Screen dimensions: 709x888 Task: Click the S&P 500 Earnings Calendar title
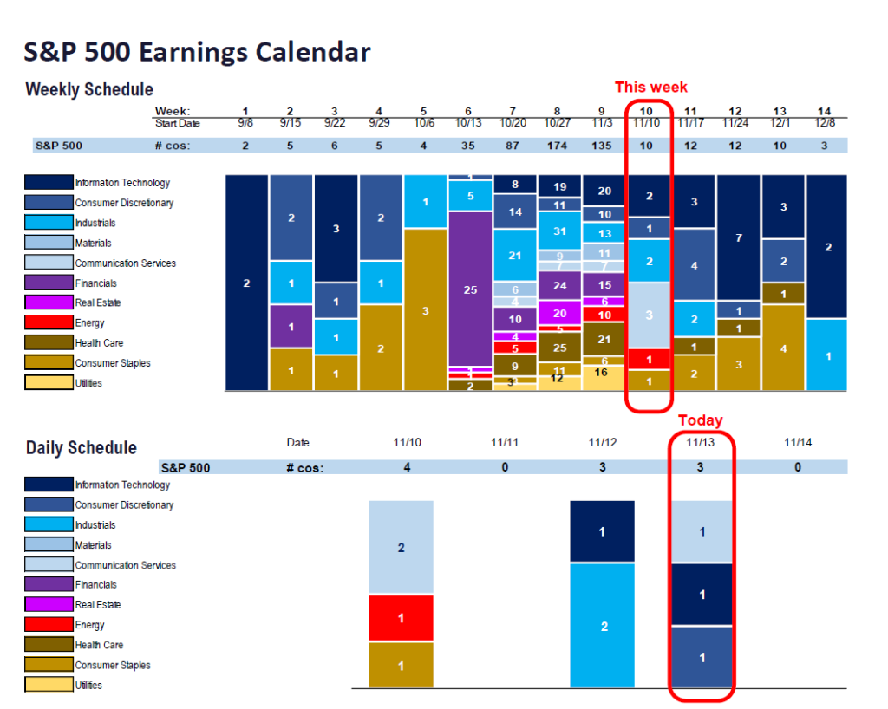click(x=197, y=52)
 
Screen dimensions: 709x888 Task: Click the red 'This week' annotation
click(x=650, y=87)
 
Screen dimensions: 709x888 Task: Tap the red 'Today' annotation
click(x=700, y=420)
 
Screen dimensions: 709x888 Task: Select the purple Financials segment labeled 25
click(x=470, y=289)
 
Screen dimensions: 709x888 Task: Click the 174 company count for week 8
click(x=557, y=146)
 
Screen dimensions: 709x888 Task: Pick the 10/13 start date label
click(x=469, y=124)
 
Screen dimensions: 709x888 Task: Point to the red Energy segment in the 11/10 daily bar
click(x=401, y=618)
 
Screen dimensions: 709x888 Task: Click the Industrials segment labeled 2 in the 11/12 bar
click(x=603, y=626)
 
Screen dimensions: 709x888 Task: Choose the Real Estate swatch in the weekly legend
click(x=49, y=303)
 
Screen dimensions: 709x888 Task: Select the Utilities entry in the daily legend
click(x=88, y=686)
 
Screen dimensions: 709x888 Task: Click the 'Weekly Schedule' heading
click(x=89, y=89)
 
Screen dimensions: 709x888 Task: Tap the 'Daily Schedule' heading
click(x=82, y=447)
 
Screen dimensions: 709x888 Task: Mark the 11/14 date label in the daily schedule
click(x=798, y=443)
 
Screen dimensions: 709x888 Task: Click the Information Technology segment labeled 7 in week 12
click(x=739, y=237)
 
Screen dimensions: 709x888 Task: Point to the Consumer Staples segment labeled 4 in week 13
click(x=783, y=348)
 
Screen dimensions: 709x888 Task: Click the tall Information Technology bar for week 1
click(x=246, y=283)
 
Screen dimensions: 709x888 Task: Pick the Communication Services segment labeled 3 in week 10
click(x=650, y=315)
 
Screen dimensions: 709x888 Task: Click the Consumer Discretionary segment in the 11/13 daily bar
click(x=702, y=658)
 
